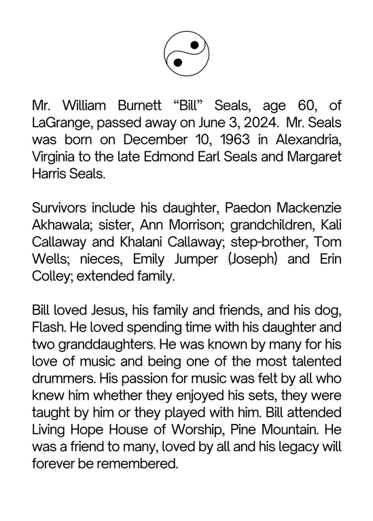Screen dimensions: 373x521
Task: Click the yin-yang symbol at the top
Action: click(186, 53)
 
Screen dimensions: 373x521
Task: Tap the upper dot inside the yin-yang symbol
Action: click(194, 45)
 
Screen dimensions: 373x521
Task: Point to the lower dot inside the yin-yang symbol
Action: click(178, 62)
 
